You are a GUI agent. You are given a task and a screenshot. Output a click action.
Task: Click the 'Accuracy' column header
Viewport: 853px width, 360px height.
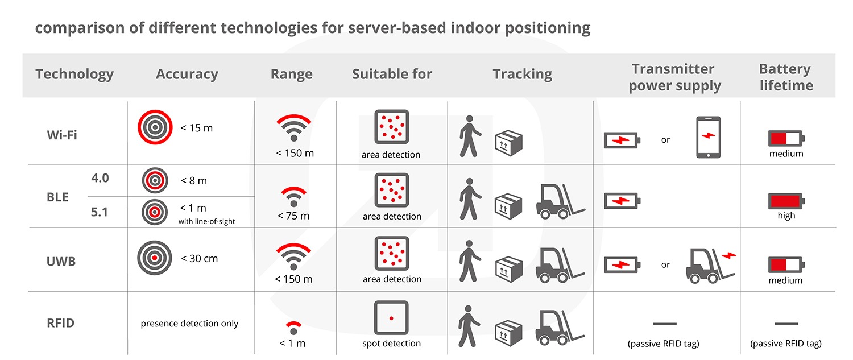coord(187,75)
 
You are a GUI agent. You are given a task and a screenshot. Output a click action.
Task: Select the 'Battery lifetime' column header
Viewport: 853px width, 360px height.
coord(785,77)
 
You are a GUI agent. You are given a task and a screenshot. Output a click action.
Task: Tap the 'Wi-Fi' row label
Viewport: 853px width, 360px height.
coord(61,135)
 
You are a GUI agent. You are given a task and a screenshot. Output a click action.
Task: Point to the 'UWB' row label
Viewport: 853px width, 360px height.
coord(61,262)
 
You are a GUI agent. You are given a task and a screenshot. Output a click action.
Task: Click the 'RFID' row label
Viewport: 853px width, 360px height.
coord(60,323)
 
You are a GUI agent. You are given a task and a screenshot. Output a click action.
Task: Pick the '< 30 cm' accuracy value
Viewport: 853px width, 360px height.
coord(199,259)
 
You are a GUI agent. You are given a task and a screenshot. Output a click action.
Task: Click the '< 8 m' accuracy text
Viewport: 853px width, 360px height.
coord(193,181)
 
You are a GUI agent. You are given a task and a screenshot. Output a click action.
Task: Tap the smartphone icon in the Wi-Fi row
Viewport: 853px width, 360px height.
coord(709,137)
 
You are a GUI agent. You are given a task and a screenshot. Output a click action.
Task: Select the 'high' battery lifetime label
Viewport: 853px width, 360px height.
coord(786,216)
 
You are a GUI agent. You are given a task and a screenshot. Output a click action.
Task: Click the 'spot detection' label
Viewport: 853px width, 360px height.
coord(391,344)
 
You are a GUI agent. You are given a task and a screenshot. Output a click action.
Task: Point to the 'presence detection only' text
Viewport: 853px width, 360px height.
coord(189,324)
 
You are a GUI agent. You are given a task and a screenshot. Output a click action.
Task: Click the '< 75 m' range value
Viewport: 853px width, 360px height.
coord(293,216)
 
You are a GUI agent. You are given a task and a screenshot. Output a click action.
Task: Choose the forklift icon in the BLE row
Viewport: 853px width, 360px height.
coord(560,201)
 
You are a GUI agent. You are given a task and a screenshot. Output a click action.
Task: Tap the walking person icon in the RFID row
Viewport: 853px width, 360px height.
coord(469,326)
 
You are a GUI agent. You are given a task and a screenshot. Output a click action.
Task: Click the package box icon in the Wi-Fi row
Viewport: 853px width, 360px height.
coord(509,143)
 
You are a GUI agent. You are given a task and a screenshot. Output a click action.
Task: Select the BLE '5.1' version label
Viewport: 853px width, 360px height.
coord(99,212)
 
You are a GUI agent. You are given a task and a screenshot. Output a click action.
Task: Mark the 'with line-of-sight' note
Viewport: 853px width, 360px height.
coord(206,221)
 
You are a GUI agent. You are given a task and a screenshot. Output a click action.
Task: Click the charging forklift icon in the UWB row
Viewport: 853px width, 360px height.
coord(711,266)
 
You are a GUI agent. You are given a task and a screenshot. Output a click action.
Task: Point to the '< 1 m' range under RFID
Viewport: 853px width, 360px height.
coord(292,344)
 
